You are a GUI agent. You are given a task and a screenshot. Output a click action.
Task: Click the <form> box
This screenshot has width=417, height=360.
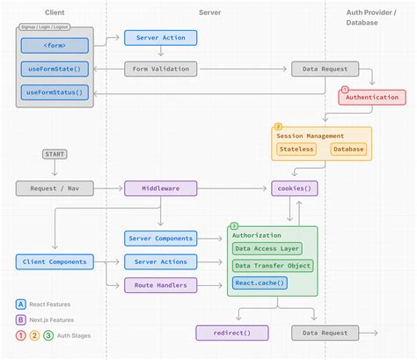[54, 45]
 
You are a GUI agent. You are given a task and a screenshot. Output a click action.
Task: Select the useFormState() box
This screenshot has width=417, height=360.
[54, 69]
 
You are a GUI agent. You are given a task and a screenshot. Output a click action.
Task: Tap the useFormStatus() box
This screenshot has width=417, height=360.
[54, 92]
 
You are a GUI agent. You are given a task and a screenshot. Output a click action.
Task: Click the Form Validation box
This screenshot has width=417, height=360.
[160, 69]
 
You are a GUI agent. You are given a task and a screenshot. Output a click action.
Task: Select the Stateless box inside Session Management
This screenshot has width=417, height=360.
[296, 149]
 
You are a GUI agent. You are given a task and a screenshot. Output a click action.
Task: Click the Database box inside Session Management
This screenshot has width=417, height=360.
[348, 149]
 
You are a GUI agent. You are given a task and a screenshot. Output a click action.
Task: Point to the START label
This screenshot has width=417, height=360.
[55, 154]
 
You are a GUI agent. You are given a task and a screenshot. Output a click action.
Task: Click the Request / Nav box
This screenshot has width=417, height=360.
[54, 187]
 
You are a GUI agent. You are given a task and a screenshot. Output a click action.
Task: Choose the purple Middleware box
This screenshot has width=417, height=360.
[160, 187]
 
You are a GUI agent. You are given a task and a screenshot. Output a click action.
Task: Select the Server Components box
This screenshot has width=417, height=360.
[160, 239]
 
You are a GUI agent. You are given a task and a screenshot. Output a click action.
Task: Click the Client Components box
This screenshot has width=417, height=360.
[54, 261]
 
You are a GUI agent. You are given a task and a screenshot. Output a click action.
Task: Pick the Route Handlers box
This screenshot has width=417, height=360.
[160, 284]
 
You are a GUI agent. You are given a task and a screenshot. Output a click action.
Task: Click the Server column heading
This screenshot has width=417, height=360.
[209, 13]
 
